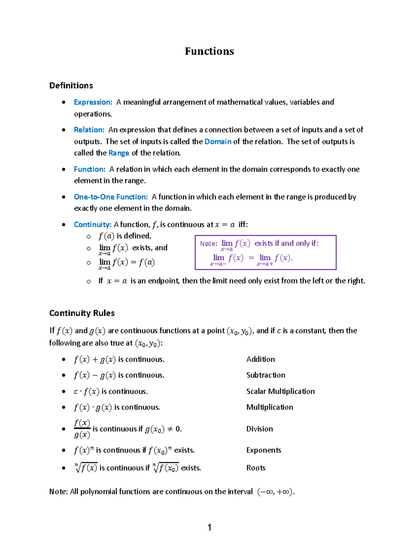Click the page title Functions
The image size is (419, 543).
point(209,51)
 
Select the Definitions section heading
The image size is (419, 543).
point(71,86)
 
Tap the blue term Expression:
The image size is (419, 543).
point(93,102)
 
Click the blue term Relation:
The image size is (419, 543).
point(89,130)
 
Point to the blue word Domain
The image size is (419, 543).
point(218,142)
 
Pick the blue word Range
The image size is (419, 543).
point(119,153)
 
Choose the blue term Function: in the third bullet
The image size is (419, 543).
point(89,169)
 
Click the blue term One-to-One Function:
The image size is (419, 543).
point(111,197)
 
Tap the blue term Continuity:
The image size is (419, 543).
point(93,224)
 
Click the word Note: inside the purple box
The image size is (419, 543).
point(208,244)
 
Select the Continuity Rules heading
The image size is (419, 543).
point(82,313)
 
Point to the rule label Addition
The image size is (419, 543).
point(260,359)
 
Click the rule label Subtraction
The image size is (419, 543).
point(266,375)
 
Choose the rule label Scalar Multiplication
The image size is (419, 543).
point(280,391)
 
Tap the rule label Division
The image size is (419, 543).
point(259,429)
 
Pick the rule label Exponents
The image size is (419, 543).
point(264,450)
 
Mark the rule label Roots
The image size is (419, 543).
point(256,468)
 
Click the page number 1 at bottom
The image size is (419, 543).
point(209,527)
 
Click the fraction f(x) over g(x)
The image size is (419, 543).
point(82,429)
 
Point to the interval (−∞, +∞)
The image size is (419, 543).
point(275,492)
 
